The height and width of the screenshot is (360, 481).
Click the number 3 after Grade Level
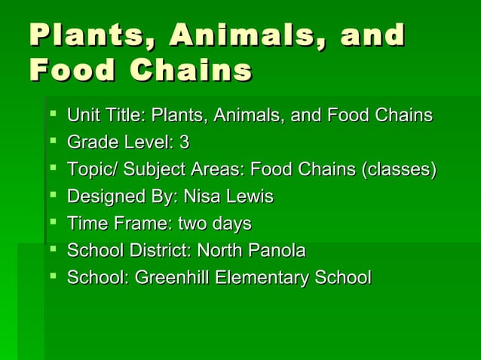pyautogui.click(x=184, y=143)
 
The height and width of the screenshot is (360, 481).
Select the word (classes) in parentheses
pyautogui.click(x=399, y=170)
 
